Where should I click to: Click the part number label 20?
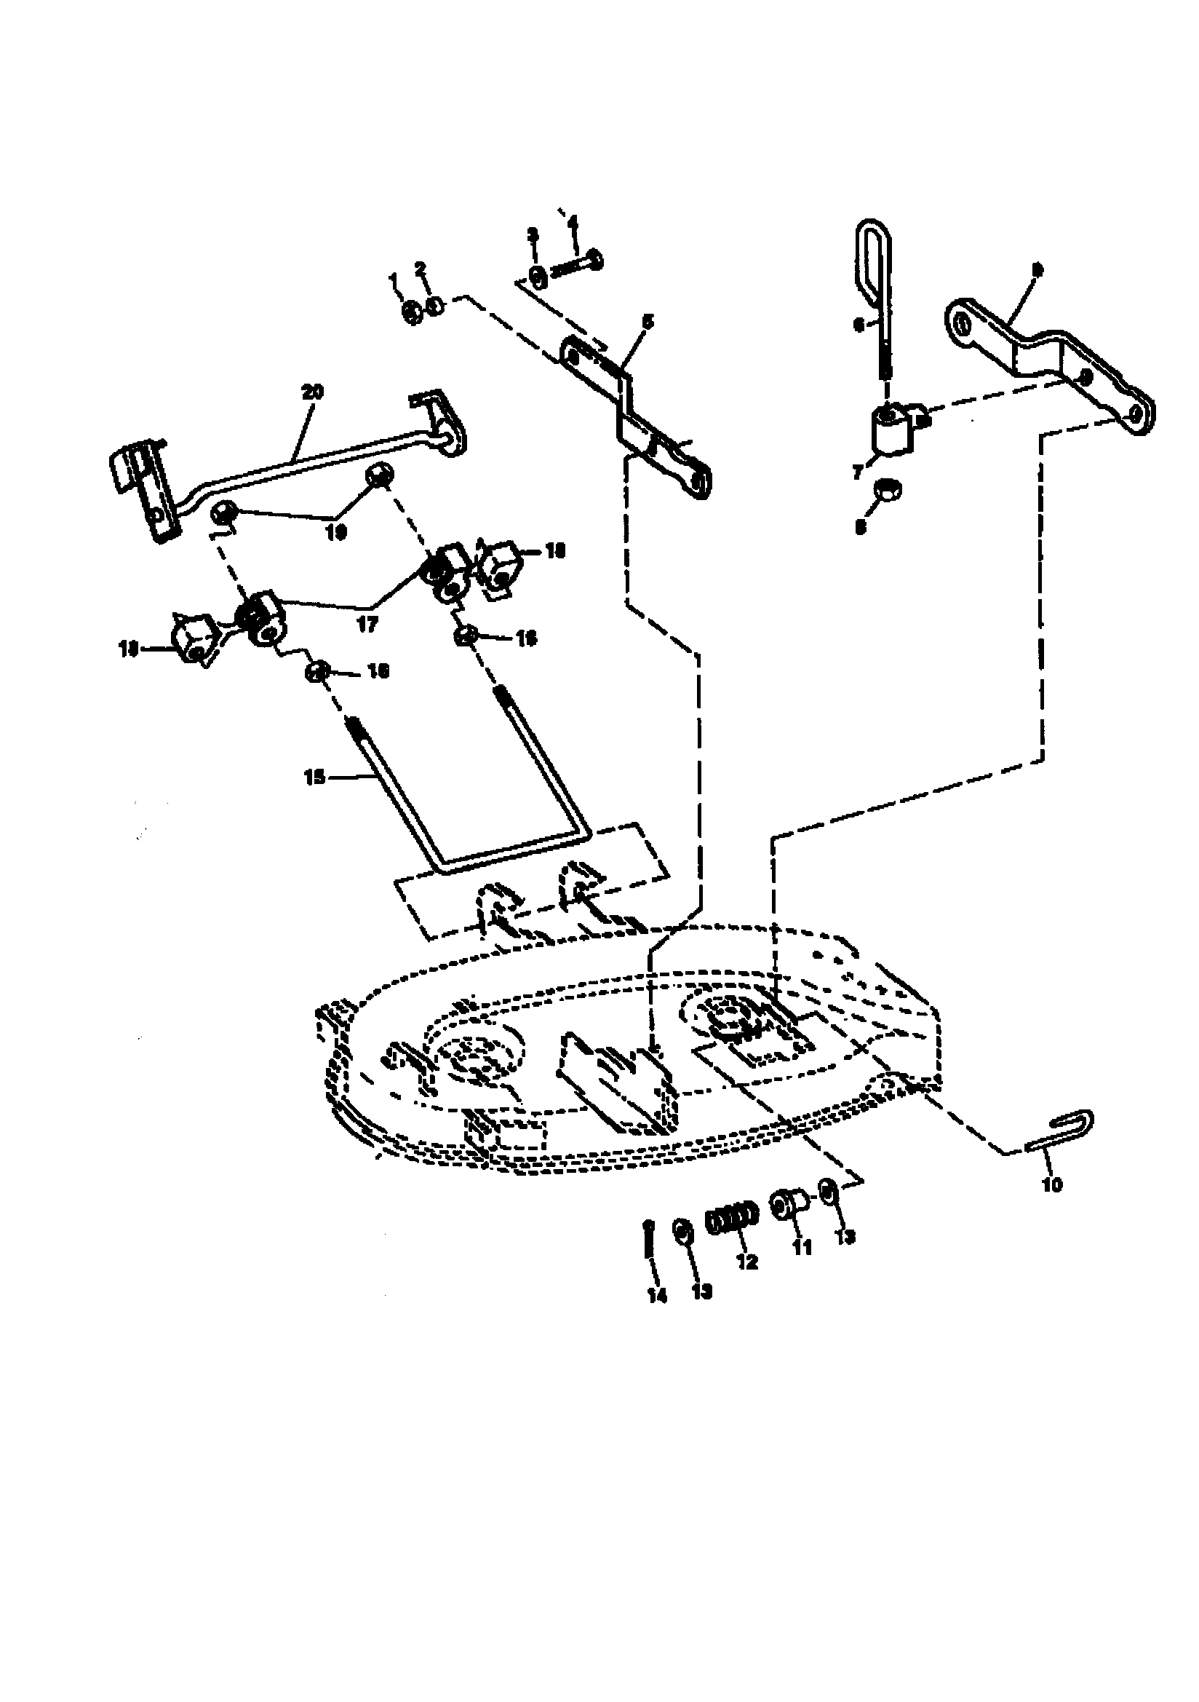pos(313,392)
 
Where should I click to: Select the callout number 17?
pos(367,624)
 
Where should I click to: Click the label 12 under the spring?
pos(747,1261)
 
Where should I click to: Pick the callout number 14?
pos(656,1295)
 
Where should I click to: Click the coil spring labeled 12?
pos(732,1219)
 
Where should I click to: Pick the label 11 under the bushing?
pos(802,1248)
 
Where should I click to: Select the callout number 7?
pos(858,472)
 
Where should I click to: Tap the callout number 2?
pos(421,268)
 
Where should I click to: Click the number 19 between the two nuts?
pos(336,532)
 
